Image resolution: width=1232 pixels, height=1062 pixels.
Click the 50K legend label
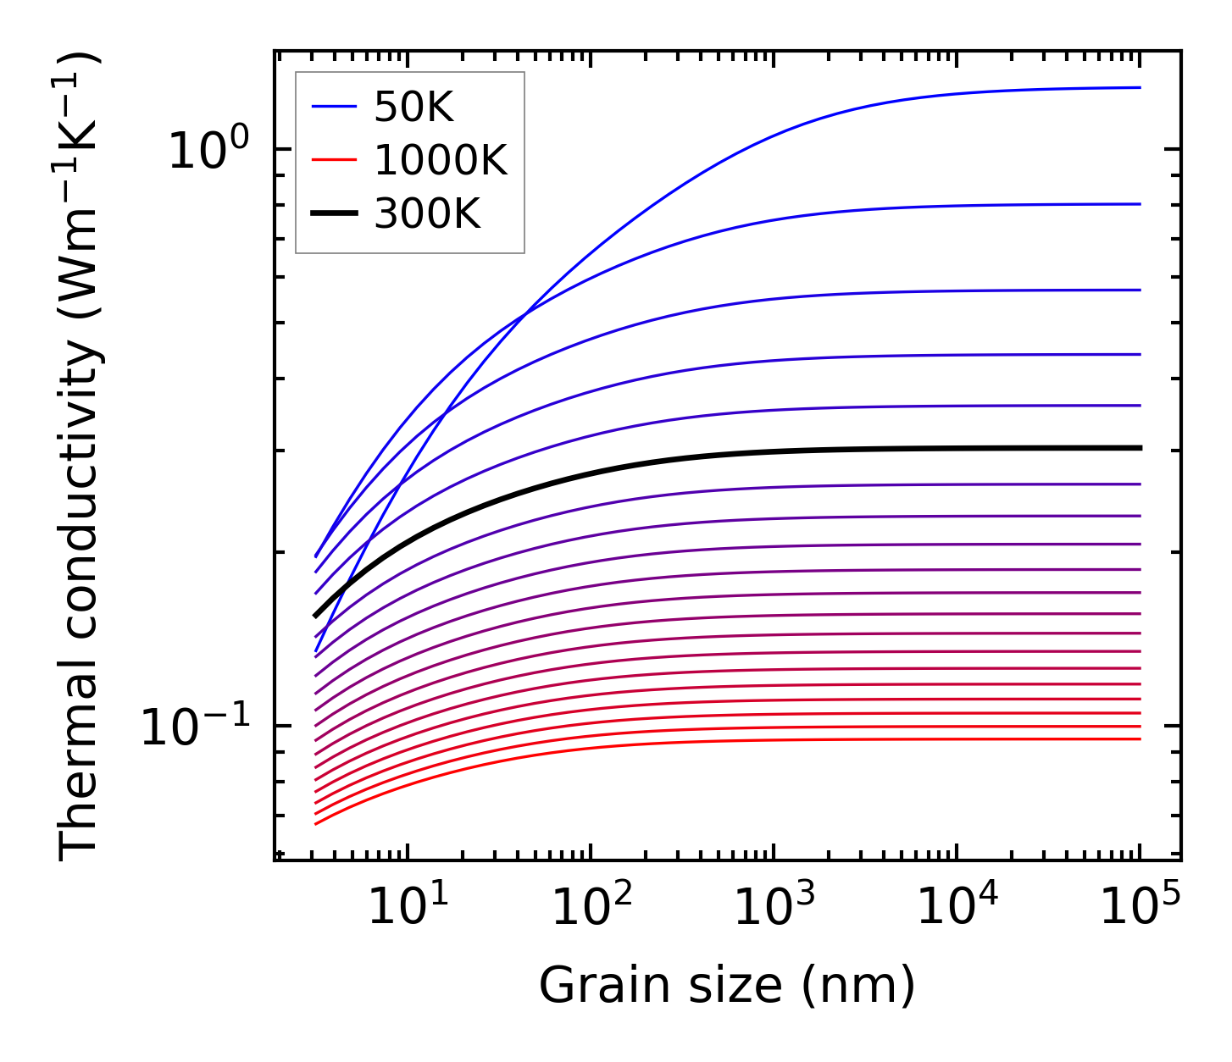click(413, 107)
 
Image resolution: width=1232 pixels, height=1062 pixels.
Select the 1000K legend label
click(440, 160)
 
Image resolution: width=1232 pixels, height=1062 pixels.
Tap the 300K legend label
click(427, 214)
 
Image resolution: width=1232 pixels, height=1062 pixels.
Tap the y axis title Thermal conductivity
click(80, 456)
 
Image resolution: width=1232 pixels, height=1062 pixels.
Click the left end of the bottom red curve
click(315, 823)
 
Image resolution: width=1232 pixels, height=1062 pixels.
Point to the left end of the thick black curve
click(315, 616)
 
